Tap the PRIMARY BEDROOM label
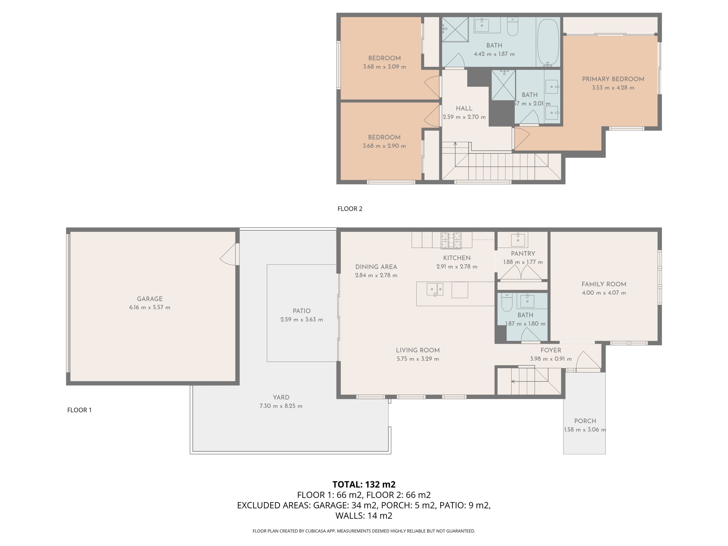pos(613,79)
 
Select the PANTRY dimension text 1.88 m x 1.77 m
pos(523,262)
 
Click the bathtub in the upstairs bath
pos(548,42)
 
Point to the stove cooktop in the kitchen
pos(451,240)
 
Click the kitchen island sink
pos(435,289)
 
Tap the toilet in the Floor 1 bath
pos(507,302)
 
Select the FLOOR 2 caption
pos(350,209)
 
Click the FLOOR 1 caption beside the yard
pos(79,410)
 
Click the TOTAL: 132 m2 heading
pos(364,484)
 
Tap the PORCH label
pos(585,421)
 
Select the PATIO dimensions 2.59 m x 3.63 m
pos(301,320)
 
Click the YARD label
pos(281,397)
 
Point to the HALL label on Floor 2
pos(464,108)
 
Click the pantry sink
pos(518,240)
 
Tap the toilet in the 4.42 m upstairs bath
pos(512,27)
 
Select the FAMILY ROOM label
pos(604,284)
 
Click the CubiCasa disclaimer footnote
pos(364,531)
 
